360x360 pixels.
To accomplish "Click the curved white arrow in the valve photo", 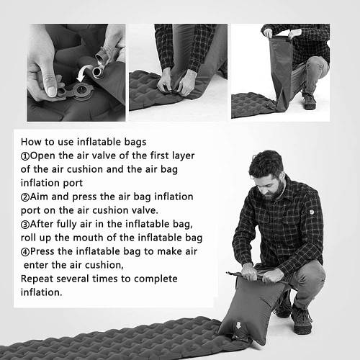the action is (x=84, y=72).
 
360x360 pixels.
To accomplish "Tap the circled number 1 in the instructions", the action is (x=25, y=156).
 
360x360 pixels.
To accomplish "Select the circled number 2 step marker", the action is (x=25, y=197).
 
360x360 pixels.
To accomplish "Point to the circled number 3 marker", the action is (x=25, y=225).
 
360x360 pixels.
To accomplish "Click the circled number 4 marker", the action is (x=25, y=252).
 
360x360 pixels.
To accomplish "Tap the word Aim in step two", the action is (x=39, y=197).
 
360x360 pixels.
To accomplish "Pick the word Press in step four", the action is (x=42, y=251).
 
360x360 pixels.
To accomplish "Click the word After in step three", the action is (x=42, y=224).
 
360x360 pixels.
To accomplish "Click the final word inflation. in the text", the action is (x=41, y=292).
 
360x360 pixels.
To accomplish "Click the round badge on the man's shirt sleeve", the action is (x=312, y=212).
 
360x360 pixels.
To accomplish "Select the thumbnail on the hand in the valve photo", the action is (x=52, y=91).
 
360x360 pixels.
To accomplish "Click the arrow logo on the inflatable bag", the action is (x=238, y=325).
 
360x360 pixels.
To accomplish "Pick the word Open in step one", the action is (x=42, y=156).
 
